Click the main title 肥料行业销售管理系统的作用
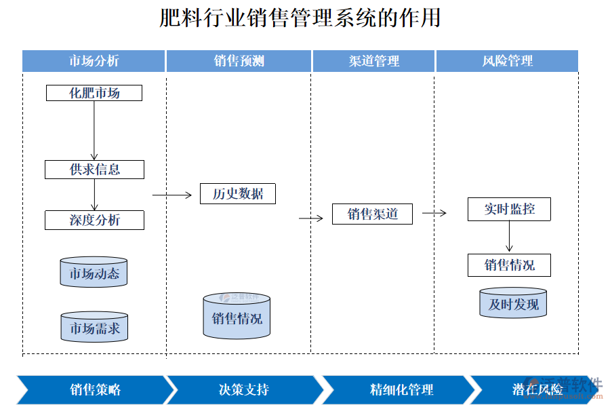pos(300,18)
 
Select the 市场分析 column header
pos(94,61)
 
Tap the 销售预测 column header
pos(239,61)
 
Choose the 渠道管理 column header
pos(373,61)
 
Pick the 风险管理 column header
pos(507,61)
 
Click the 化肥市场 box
pos(94,93)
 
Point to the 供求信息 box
pos(94,170)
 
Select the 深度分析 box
pos(94,220)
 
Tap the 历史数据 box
pos(238,194)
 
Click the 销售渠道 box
pos(372,214)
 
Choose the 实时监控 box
pos(509,210)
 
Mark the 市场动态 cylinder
pos(94,272)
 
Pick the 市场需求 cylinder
pos(94,327)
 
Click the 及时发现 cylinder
pos(513,303)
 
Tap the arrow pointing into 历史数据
pos(172,195)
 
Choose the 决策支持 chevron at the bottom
pos(244,390)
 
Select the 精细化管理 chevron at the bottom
pos(401,390)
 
